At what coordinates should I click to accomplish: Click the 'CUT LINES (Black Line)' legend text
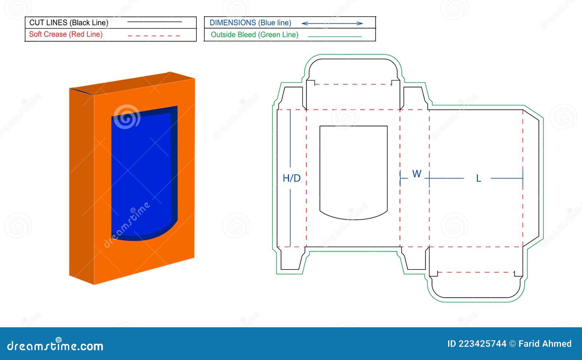(69, 23)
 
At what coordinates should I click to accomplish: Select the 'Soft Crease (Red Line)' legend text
(66, 35)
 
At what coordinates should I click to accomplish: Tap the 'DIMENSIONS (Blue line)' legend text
(250, 23)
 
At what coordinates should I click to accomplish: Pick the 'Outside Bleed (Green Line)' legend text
(255, 35)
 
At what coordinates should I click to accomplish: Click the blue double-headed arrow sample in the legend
(332, 23)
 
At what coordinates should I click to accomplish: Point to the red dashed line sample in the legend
(154, 36)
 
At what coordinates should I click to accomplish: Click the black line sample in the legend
(155, 22)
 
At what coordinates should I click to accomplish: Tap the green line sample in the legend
(335, 36)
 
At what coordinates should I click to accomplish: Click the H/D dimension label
(292, 178)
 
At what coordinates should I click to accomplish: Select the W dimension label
(416, 174)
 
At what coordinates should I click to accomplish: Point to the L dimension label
(478, 179)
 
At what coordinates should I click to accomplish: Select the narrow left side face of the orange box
(81, 185)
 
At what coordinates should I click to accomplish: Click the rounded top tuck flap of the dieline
(353, 71)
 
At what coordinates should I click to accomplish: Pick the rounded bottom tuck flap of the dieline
(476, 285)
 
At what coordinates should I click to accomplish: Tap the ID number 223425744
(482, 344)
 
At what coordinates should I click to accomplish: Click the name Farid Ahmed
(545, 344)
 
